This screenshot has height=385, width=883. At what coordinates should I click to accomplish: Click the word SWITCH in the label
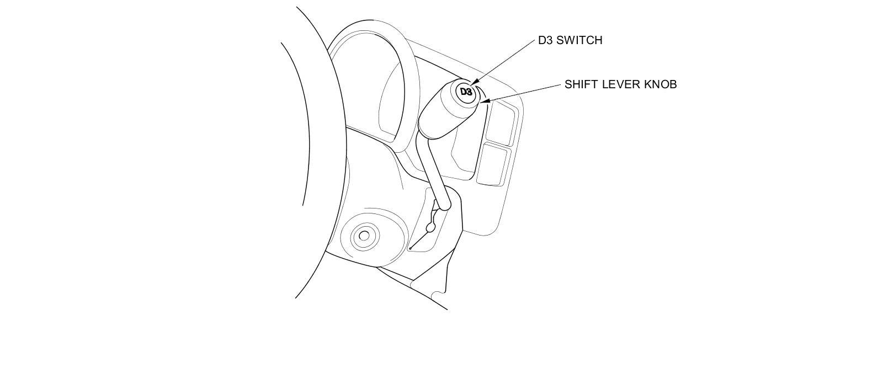(x=579, y=40)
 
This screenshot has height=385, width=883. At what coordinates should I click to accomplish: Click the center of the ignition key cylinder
(x=364, y=237)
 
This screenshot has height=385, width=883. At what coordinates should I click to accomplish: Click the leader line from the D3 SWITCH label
(x=505, y=60)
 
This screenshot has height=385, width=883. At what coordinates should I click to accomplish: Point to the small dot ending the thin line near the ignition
(x=410, y=248)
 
